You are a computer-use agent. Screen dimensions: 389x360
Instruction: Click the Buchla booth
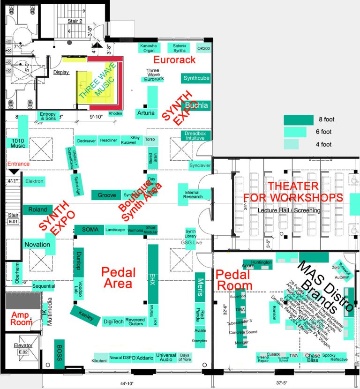(x=196, y=105)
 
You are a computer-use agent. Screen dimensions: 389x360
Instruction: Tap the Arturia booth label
(x=145, y=113)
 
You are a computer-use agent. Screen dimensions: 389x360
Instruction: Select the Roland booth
(x=38, y=209)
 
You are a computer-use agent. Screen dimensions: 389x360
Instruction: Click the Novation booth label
(x=37, y=245)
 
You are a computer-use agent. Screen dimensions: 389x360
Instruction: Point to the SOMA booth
(x=90, y=230)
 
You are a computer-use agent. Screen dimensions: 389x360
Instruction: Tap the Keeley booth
(x=86, y=315)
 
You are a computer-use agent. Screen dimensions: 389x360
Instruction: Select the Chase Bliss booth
(x=313, y=357)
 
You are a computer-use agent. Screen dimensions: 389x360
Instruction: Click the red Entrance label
(x=18, y=164)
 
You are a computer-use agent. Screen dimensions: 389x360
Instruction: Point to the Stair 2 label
(x=75, y=21)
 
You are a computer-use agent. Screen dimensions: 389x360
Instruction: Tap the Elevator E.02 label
(x=23, y=348)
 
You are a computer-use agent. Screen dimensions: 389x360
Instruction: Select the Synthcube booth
(x=196, y=78)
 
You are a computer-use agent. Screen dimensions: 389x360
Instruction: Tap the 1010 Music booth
(x=18, y=143)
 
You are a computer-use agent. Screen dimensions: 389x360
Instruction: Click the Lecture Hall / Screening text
(x=289, y=210)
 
